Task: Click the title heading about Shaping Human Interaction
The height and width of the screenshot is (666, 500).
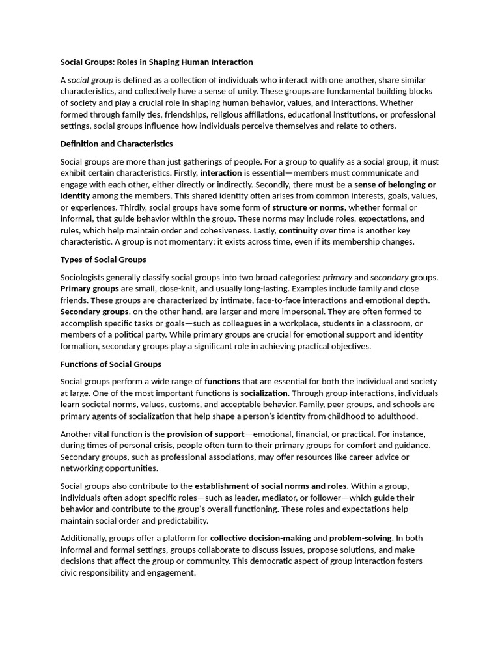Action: coord(156,62)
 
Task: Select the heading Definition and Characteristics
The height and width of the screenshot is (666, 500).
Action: coord(117,144)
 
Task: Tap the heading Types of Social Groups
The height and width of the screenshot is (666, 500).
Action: coord(103,260)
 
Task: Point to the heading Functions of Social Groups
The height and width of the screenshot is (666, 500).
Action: coord(111,364)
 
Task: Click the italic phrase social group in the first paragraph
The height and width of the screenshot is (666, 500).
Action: coord(90,80)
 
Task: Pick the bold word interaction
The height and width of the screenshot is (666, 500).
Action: coord(221,173)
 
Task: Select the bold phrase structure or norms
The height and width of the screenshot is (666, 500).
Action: coord(308,207)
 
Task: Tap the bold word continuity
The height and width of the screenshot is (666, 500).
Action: coord(298,230)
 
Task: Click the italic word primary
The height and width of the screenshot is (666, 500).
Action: coord(337,277)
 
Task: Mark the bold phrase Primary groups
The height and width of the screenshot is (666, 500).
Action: coord(90,288)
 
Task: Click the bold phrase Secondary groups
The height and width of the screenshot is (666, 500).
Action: coord(94,312)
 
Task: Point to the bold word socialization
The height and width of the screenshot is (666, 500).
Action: coord(264,393)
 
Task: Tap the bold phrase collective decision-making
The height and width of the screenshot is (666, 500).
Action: coord(260,539)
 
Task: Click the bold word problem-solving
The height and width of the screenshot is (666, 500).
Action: coord(361,539)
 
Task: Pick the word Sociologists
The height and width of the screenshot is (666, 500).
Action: coord(85,277)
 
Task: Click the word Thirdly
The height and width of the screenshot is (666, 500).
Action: coord(76,207)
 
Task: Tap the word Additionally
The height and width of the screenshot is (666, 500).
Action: coord(83,539)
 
